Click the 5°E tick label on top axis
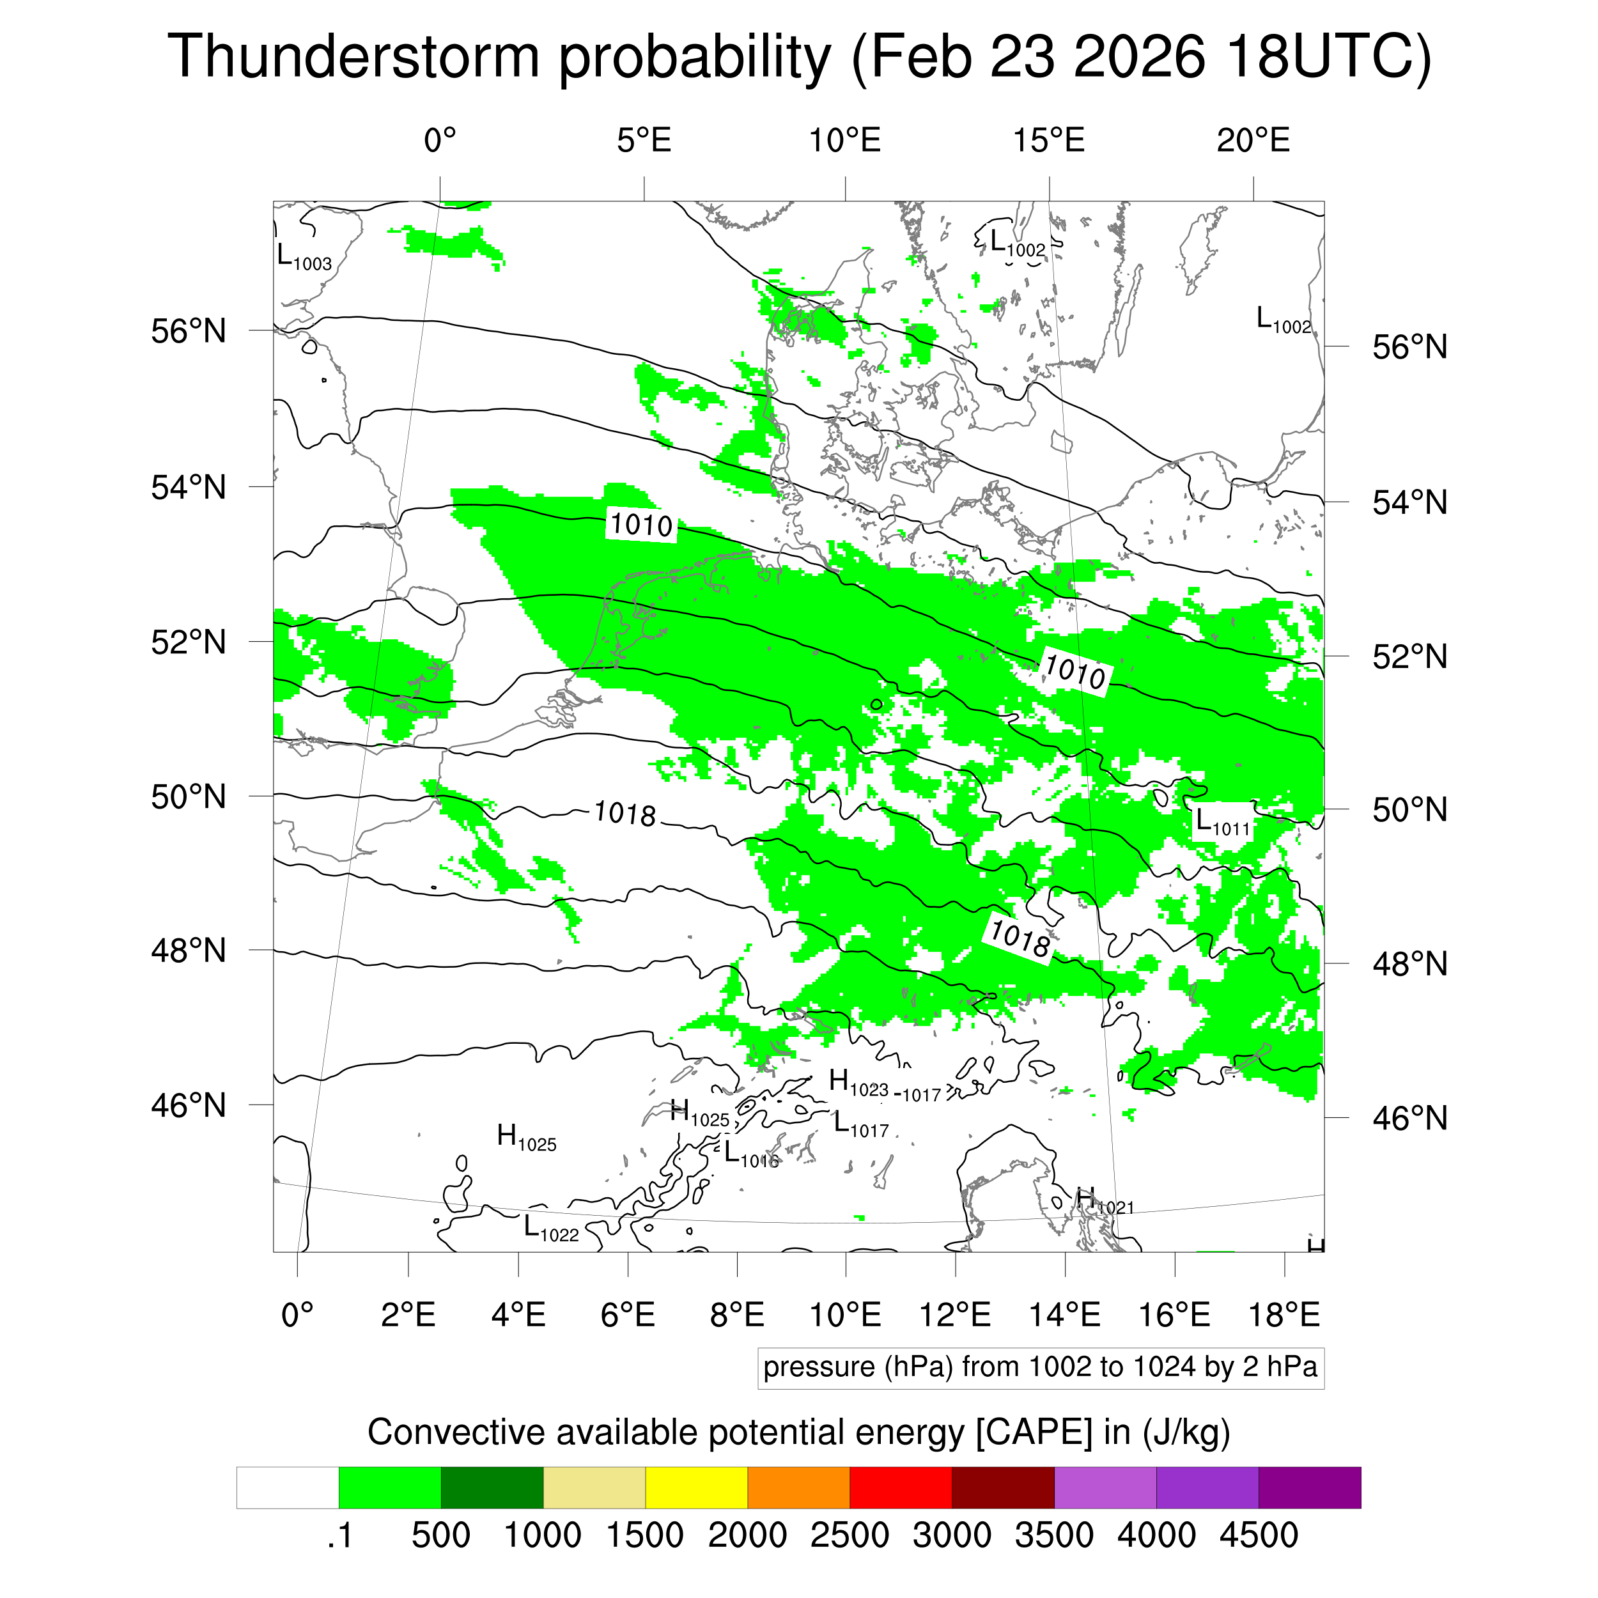(x=644, y=141)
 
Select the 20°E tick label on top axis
(x=1252, y=141)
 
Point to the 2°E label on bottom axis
(x=408, y=1314)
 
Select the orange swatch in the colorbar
(x=798, y=1488)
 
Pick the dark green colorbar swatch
(x=492, y=1488)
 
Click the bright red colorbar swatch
(x=900, y=1488)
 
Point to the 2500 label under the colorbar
(x=849, y=1535)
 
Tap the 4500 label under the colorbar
(x=1258, y=1535)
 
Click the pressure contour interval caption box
(x=1040, y=1367)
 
